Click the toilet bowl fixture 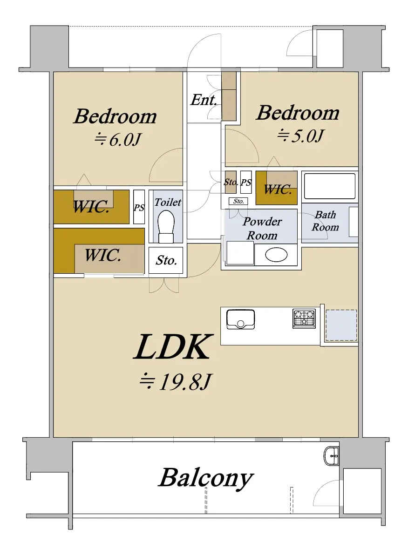[x=166, y=227]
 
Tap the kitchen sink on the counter [x=240, y=319]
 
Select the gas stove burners [x=304, y=318]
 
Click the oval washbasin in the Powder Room [x=276, y=255]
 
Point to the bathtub [x=329, y=186]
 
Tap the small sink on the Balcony [x=331, y=455]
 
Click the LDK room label [x=172, y=347]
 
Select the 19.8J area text [x=175, y=382]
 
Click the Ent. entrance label [x=204, y=100]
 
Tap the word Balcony [x=206, y=478]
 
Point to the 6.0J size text [x=118, y=140]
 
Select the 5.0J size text [x=300, y=135]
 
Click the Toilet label [x=168, y=202]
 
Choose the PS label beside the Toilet [x=139, y=208]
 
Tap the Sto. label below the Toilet [x=166, y=261]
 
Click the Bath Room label [x=325, y=221]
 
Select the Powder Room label [x=262, y=228]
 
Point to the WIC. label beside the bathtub [x=278, y=190]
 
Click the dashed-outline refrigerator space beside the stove [x=341, y=325]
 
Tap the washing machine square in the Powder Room [x=240, y=253]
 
